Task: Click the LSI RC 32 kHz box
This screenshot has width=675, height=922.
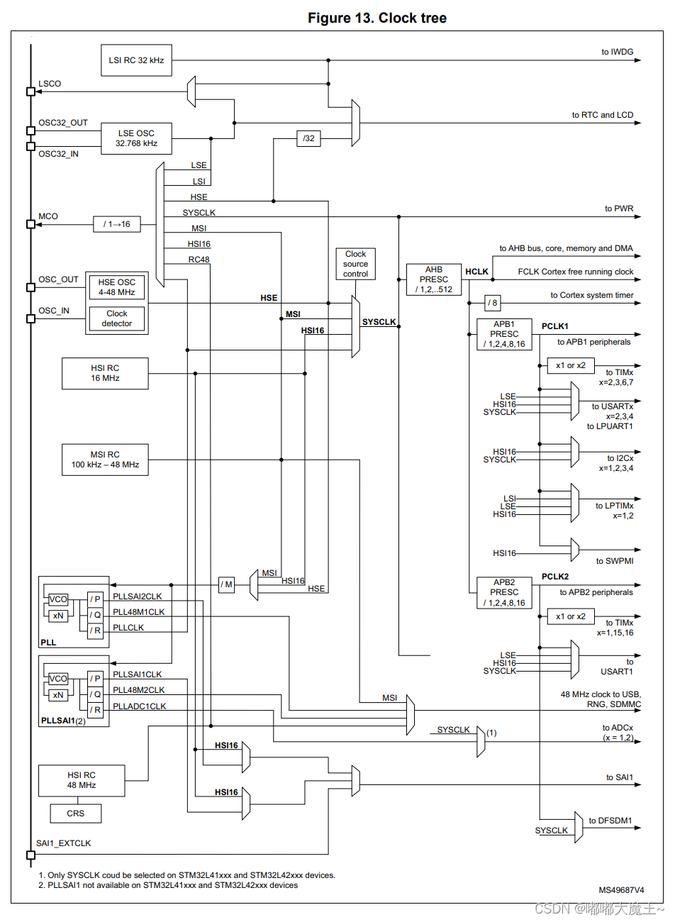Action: tap(136, 60)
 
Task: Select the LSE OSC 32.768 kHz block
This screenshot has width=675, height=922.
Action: tap(136, 138)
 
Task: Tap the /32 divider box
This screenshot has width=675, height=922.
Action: tap(308, 138)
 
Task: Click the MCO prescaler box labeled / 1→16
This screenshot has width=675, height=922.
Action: tap(117, 224)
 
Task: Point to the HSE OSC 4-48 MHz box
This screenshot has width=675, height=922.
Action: tap(117, 287)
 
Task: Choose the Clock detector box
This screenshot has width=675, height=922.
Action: tap(117, 318)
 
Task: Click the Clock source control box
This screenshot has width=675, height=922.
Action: tap(355, 264)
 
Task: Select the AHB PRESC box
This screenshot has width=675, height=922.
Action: tap(434, 279)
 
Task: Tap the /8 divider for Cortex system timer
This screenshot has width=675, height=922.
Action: tap(493, 303)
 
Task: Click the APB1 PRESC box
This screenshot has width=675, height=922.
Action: tap(504, 334)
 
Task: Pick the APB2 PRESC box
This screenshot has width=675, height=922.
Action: tap(504, 592)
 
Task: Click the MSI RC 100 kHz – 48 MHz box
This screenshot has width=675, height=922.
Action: tap(105, 460)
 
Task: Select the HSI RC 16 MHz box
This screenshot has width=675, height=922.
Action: tap(105, 373)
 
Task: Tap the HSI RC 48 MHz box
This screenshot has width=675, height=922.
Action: tap(82, 780)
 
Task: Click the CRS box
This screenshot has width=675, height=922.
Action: tap(76, 813)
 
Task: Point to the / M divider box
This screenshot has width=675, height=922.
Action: tap(226, 584)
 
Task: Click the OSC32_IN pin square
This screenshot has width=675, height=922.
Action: tap(30, 147)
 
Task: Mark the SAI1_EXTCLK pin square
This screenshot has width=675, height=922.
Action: tap(30, 855)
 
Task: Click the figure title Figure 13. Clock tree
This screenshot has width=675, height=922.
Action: tap(376, 18)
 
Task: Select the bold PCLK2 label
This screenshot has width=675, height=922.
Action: tap(555, 577)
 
